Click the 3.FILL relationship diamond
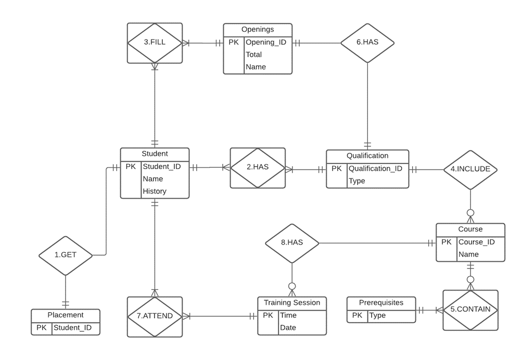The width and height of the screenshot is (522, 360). (x=155, y=43)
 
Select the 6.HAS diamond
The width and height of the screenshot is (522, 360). (x=367, y=43)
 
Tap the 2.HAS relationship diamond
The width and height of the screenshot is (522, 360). (x=257, y=168)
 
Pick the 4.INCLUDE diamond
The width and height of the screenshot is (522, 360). (x=470, y=169)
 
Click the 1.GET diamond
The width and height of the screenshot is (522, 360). (x=66, y=255)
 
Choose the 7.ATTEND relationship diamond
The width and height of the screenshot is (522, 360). (x=155, y=316)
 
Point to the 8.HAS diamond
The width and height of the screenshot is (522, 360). (x=291, y=243)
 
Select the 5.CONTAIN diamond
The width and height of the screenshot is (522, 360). (x=470, y=310)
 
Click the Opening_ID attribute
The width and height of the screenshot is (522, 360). (x=265, y=42)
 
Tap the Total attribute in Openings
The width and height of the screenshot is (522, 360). (x=253, y=55)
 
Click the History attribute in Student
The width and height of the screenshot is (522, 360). (x=154, y=191)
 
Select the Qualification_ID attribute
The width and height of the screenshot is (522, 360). (x=375, y=169)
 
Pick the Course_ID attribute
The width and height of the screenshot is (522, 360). (x=476, y=242)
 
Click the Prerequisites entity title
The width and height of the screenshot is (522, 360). (x=380, y=302)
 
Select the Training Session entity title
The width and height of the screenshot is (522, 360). (x=291, y=303)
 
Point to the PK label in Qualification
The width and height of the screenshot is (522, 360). (x=336, y=169)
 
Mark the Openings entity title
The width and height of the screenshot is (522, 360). (x=257, y=29)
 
